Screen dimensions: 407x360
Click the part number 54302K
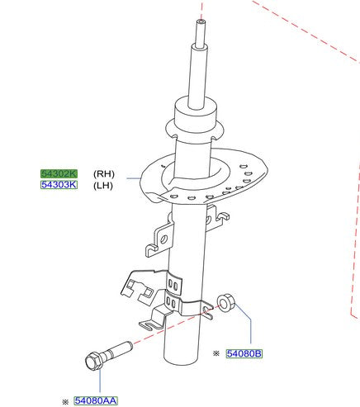coord(59,174)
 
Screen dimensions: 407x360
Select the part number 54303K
coord(59,185)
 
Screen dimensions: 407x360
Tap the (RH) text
coord(104,174)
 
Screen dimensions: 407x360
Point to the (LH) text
coord(104,185)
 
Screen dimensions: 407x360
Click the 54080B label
coord(244,353)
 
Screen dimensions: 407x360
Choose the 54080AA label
coord(96,400)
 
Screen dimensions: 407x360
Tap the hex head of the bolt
coord(92,362)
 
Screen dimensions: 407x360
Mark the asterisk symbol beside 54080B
coord(216,354)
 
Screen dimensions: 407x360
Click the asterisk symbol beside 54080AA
coord(64,401)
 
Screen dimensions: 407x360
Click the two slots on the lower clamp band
coord(173,286)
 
